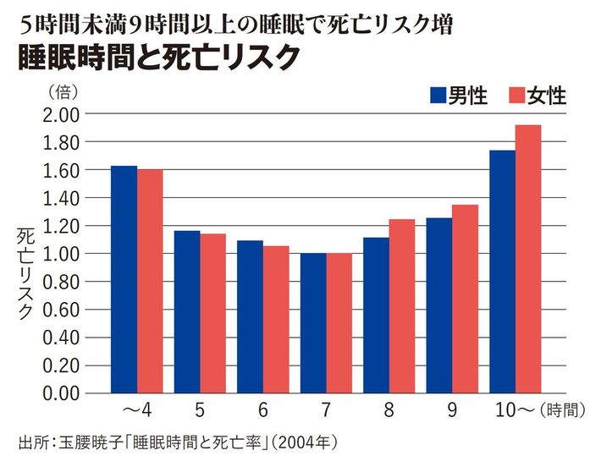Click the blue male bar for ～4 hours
(x=124, y=279)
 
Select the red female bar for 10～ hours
(x=528, y=259)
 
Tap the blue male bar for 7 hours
(x=312, y=323)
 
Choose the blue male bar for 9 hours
(x=439, y=305)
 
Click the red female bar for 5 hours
(x=212, y=313)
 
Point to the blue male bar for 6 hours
(x=250, y=317)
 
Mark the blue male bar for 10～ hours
(x=502, y=272)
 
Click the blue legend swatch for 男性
(x=438, y=95)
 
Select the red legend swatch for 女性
(x=516, y=95)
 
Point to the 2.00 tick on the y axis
(x=59, y=114)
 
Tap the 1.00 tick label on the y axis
(x=59, y=254)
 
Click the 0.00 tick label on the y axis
(x=59, y=393)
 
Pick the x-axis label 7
(x=325, y=411)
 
